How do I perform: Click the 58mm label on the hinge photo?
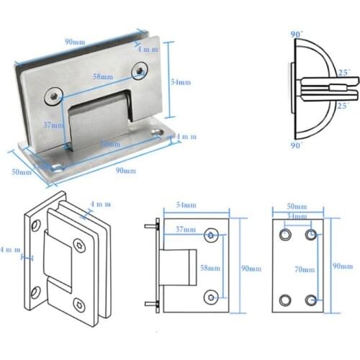pyautogui.click(x=103, y=76)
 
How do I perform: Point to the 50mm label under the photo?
pyautogui.click(x=21, y=171)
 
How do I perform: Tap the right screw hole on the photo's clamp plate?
pyautogui.click(x=139, y=69)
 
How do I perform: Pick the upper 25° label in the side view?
pyautogui.click(x=344, y=73)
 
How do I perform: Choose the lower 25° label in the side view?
pyautogui.click(x=343, y=107)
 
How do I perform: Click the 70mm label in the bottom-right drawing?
pyautogui.click(x=305, y=269)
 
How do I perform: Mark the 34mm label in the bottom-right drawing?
pyautogui.click(x=296, y=216)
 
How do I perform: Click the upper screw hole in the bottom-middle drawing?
pyautogui.click(x=212, y=235)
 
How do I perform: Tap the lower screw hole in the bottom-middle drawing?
pyautogui.click(x=212, y=296)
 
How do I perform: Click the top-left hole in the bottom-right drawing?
pyautogui.click(x=285, y=235)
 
